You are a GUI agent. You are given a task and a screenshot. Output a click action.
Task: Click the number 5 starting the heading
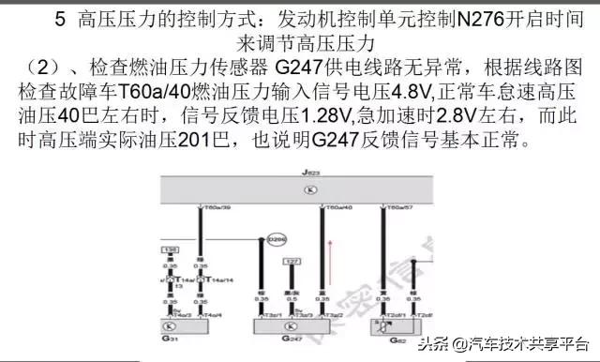tap(60, 19)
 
